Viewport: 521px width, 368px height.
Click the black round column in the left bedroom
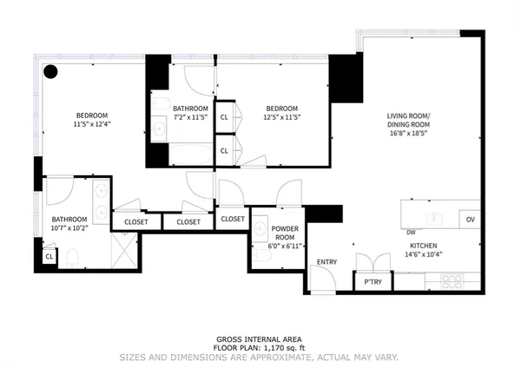[x=51, y=73]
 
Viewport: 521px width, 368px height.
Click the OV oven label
[x=470, y=218]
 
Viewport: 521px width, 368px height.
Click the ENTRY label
[x=326, y=261]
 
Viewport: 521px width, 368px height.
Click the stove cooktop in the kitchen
[x=452, y=281]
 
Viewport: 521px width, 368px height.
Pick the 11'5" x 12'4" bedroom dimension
[x=91, y=124]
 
